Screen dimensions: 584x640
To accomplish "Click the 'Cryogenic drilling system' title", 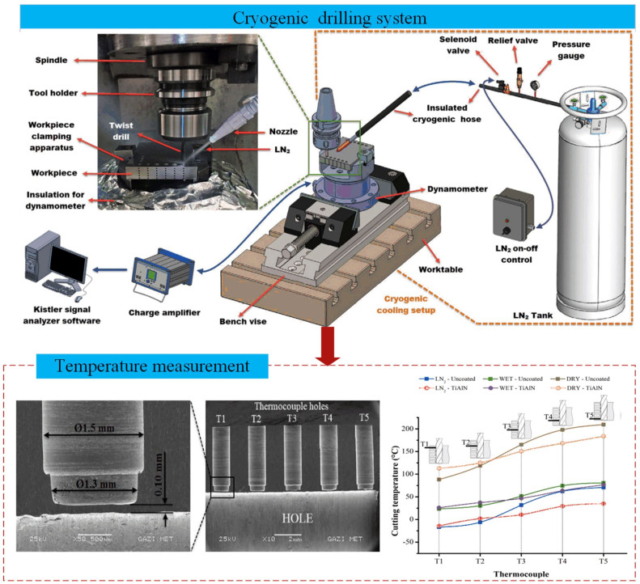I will click(320, 16).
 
